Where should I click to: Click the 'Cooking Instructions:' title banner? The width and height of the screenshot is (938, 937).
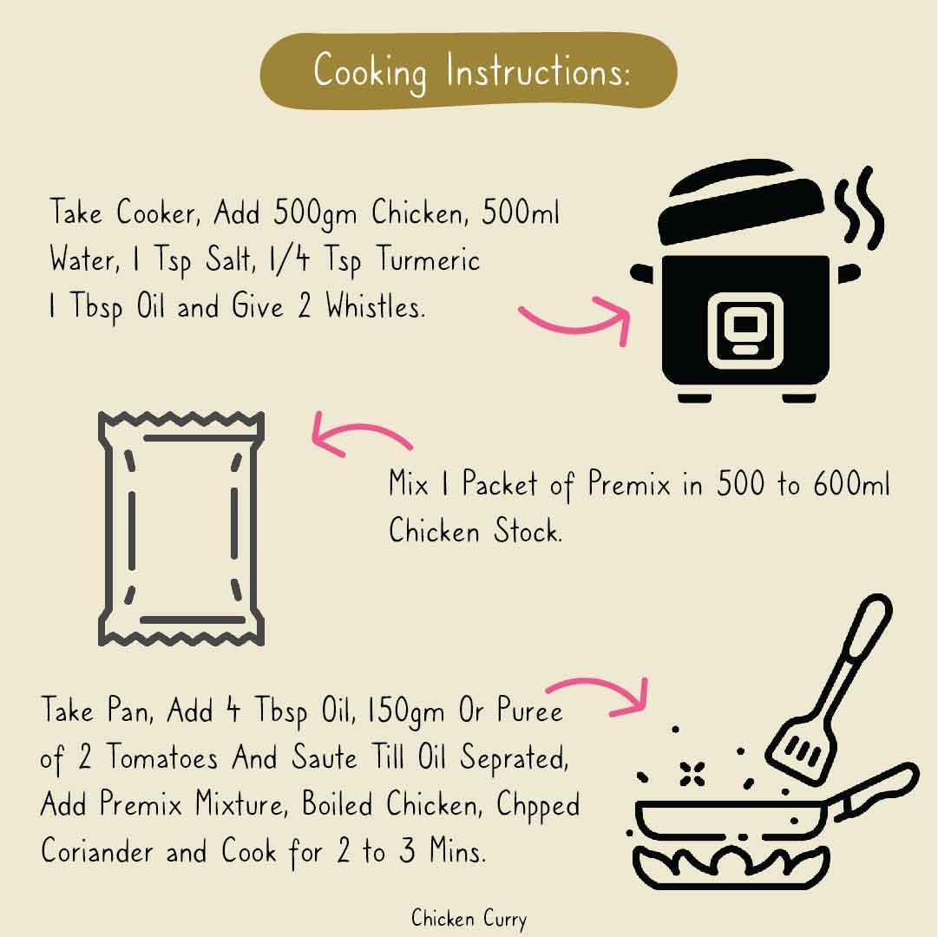click(469, 71)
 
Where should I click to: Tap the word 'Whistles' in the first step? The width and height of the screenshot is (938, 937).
click(375, 306)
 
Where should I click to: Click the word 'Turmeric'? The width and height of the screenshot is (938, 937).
click(428, 260)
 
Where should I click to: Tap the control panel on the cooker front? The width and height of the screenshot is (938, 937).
click(745, 330)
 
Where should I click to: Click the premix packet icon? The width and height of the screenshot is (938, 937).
click(181, 528)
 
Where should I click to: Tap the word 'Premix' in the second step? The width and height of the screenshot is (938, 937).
click(629, 482)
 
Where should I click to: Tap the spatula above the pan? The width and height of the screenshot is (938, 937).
click(830, 689)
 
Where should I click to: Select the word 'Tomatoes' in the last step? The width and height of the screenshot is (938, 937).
click(162, 757)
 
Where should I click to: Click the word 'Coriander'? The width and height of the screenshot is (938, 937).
click(97, 849)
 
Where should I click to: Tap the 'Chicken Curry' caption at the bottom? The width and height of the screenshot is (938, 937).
click(469, 919)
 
